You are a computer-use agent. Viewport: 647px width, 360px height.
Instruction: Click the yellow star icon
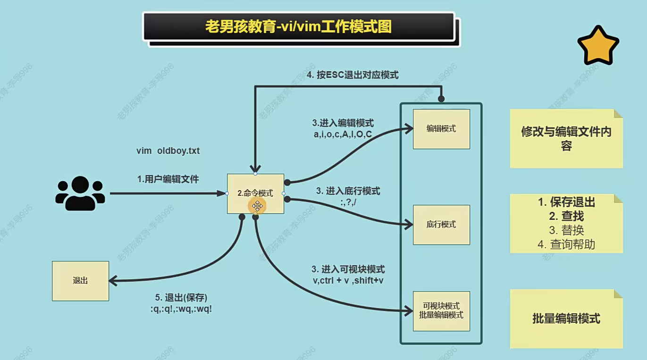pos(598,45)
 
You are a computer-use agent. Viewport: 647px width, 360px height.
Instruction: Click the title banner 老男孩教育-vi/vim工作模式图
pos(298,26)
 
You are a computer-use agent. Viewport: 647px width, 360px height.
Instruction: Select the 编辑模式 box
pos(441,129)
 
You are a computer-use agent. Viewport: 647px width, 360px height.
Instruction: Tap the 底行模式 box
pos(441,225)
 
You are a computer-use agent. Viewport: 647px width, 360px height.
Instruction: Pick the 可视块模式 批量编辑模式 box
pos(441,310)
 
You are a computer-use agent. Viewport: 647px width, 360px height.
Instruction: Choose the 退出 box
pos(80,281)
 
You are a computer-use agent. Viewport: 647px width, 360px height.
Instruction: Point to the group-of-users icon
pos(80,193)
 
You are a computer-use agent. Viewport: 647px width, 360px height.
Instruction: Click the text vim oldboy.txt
pos(168,151)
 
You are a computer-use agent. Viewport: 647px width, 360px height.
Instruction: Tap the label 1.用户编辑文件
pos(168,179)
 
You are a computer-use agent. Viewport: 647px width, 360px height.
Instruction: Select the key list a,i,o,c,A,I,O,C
pos(343,134)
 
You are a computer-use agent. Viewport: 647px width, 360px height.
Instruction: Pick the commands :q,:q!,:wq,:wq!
pos(181,310)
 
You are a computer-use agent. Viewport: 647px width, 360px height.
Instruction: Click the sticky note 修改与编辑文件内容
pos(566,138)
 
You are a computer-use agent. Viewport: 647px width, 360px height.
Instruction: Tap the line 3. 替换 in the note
pos(566,230)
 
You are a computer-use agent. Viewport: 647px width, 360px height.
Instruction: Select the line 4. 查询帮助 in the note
pos(566,244)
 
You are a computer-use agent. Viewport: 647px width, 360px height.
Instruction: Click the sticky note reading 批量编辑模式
pos(566,318)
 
